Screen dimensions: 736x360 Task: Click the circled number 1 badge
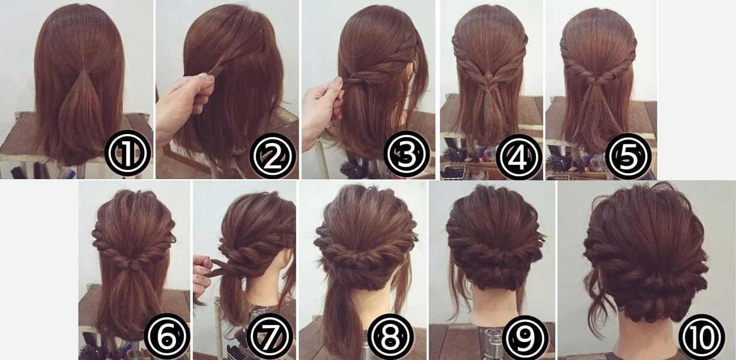127,153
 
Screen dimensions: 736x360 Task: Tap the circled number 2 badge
273,156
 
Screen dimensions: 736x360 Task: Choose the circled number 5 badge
628,156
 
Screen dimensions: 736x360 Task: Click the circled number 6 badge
167,336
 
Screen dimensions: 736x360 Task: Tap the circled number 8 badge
391,336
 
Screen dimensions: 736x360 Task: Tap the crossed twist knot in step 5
598,79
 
